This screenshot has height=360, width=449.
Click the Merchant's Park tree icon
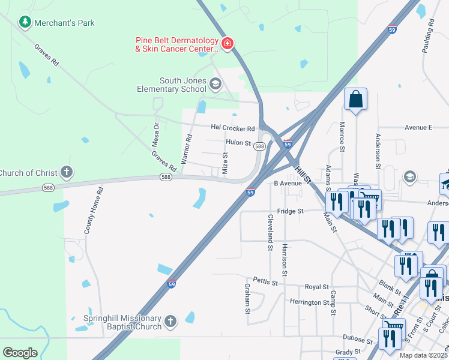[x=25, y=23]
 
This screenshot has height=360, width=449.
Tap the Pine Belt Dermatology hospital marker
[x=228, y=43]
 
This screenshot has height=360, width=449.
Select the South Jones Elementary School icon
[x=215, y=82]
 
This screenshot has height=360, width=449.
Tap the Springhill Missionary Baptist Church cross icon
[x=171, y=322]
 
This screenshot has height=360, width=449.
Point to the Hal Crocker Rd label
[x=233, y=128]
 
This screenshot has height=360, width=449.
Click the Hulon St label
[x=238, y=142]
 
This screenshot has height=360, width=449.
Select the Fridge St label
[x=291, y=211]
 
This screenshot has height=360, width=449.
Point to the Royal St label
[x=317, y=287]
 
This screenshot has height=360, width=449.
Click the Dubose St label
[x=358, y=338]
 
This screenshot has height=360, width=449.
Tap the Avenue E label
[x=418, y=127]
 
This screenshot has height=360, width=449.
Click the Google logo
[x=20, y=353]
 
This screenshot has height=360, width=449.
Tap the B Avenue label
[x=287, y=183]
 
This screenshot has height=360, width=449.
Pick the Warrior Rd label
[x=188, y=145]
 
